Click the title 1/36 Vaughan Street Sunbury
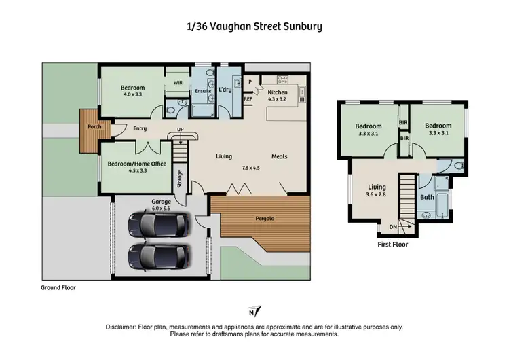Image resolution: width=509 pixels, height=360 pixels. tap(254, 27)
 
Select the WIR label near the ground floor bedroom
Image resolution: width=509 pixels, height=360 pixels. tap(178, 82)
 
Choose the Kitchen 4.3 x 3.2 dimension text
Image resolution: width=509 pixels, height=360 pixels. tap(278, 99)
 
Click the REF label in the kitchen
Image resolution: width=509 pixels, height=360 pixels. tap(248, 98)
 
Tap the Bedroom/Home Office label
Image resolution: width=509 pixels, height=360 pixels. tap(136, 162)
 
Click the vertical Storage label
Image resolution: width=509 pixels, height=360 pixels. tap(180, 178)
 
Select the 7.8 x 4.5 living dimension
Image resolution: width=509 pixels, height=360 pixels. tap(251, 168)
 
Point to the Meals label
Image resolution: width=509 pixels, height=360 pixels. tap(279, 156)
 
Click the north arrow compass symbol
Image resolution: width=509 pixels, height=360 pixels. tap(252, 312)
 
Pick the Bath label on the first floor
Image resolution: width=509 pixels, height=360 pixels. tap(427, 198)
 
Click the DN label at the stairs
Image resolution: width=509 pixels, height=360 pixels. tap(393, 227)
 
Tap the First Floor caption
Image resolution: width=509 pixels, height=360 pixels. tap(393, 245)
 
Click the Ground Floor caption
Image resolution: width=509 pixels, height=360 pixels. tap(58, 288)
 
